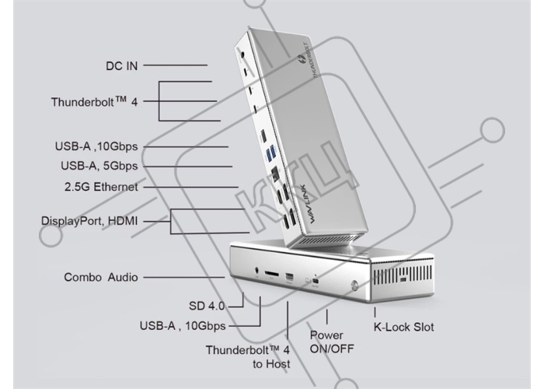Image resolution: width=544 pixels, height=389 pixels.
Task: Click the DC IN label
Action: (122, 66)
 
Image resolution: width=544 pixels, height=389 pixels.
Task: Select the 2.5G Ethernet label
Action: (101, 187)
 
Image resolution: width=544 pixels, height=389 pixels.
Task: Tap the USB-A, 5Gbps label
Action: (99, 166)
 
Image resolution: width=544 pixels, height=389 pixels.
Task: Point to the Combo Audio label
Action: (101, 277)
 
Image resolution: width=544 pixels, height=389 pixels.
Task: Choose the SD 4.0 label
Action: (207, 306)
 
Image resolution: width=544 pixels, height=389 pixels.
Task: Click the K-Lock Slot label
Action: (403, 328)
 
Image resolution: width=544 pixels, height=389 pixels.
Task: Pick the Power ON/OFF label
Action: (332, 342)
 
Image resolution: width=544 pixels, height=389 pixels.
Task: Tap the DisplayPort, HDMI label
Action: (89, 221)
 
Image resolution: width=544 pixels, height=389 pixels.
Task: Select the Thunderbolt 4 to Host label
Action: (248, 357)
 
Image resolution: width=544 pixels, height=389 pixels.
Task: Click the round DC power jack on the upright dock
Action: (242, 55)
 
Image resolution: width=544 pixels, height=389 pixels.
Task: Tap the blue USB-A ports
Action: (271, 153)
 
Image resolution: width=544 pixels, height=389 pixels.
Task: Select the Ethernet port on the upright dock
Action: (275, 173)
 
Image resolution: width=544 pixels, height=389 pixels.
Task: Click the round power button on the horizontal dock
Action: (354, 286)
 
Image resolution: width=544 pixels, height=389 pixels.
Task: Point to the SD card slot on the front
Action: (272, 273)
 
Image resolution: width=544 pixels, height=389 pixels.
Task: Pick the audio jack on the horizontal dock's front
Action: (257, 270)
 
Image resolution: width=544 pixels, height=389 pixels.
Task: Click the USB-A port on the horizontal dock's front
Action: (289, 277)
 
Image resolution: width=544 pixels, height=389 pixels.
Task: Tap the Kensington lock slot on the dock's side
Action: (404, 280)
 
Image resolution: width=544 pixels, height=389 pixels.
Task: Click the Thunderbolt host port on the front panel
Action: (316, 281)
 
